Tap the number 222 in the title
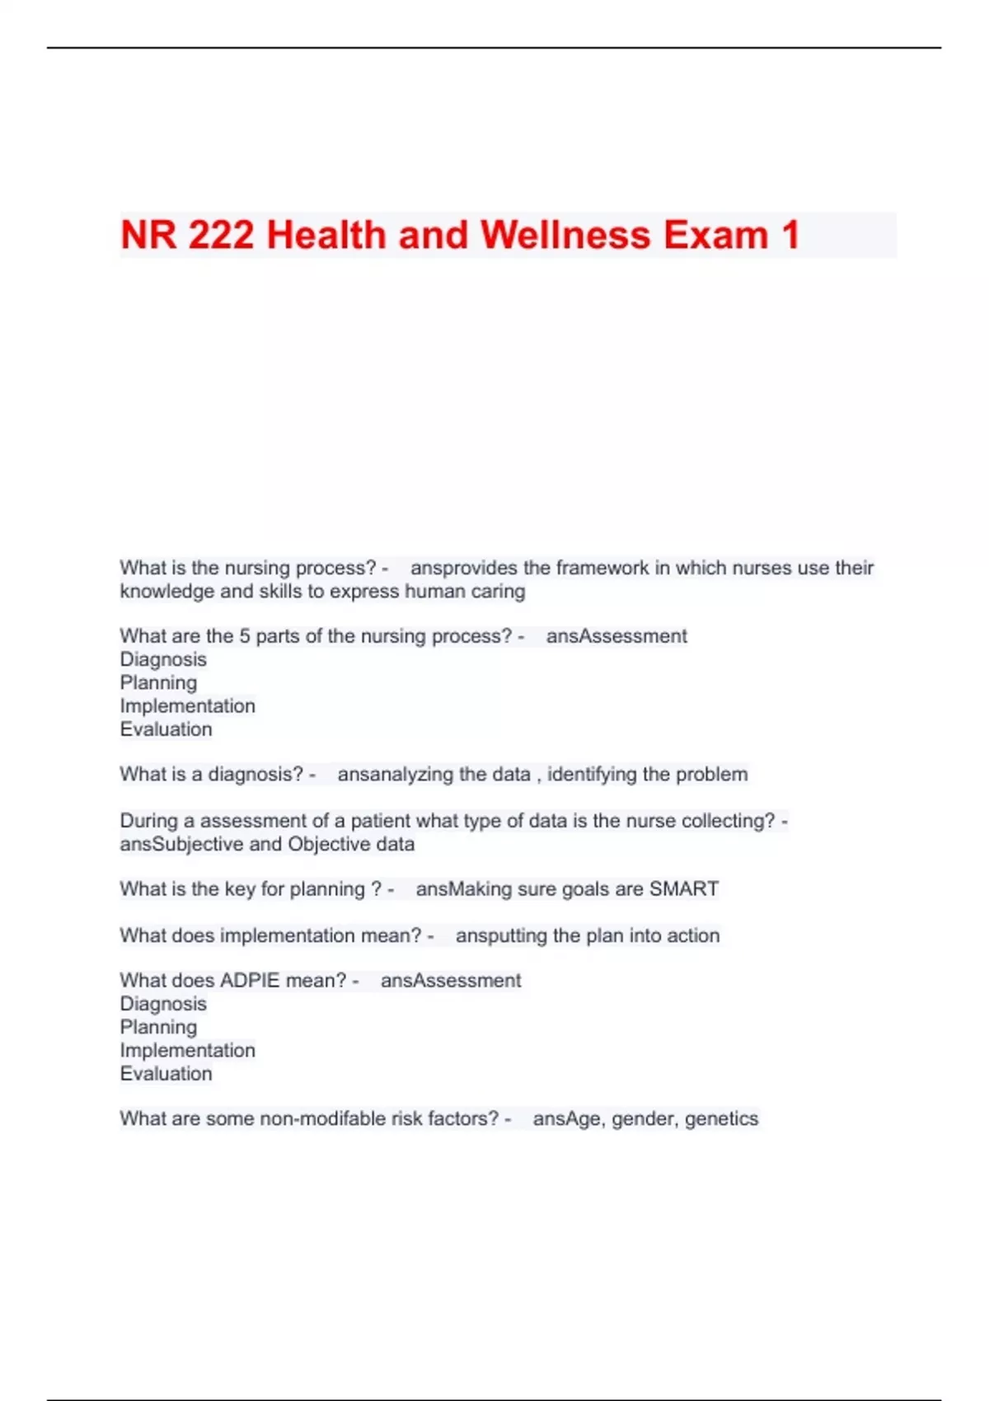pos(221,235)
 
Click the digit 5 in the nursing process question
pos(245,636)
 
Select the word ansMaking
pos(463,889)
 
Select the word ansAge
pos(569,1118)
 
